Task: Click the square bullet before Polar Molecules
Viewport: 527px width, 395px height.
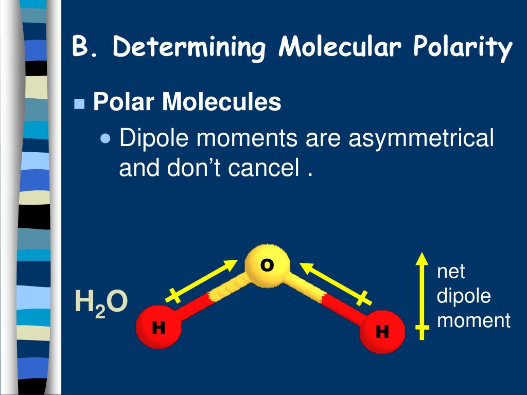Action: pyautogui.click(x=79, y=104)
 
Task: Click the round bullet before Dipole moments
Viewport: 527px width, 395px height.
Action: pyautogui.click(x=106, y=138)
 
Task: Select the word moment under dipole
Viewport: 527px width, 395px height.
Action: pyautogui.click(x=473, y=320)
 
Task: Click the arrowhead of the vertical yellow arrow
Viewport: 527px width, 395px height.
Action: pyautogui.click(x=422, y=259)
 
